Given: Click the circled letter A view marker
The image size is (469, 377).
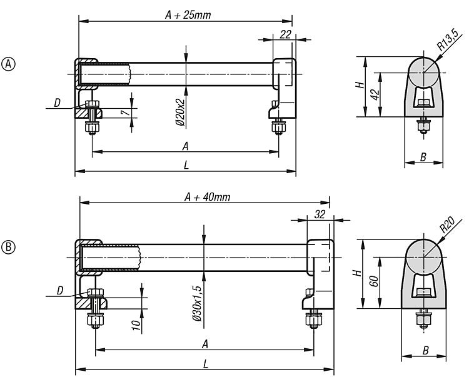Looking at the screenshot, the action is [x=8, y=64].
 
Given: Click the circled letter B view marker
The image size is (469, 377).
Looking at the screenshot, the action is [x=8, y=247].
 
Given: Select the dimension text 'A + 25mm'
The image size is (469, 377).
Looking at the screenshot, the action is [x=188, y=14].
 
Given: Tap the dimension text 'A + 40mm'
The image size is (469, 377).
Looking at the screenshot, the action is [x=207, y=197].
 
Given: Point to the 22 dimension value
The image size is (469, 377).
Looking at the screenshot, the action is [x=286, y=34].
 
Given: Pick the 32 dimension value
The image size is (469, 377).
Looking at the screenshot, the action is [x=320, y=214].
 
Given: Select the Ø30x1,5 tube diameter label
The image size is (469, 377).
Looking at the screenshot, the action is [x=197, y=303].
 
